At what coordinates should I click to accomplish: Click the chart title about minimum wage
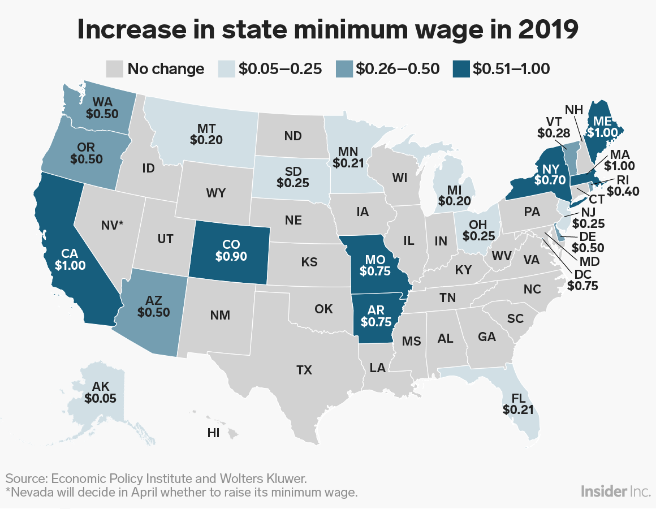pyautogui.click(x=327, y=30)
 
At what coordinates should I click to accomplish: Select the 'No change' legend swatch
pyautogui.click(x=115, y=69)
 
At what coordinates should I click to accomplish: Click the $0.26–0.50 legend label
pyautogui.click(x=398, y=69)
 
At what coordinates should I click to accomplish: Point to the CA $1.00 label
pyautogui.click(x=67, y=257)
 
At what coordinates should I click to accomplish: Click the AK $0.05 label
pyautogui.click(x=100, y=391)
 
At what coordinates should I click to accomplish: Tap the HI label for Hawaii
pyautogui.click(x=213, y=433)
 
